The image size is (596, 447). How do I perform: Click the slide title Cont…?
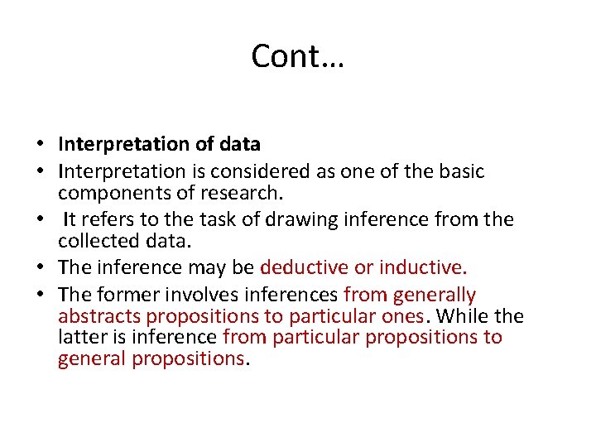coord(298,56)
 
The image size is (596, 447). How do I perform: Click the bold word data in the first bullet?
coord(240,145)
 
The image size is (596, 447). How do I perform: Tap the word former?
coord(121,295)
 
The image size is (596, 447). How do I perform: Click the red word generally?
coord(435,295)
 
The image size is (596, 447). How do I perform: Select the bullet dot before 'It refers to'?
coord(40,221)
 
